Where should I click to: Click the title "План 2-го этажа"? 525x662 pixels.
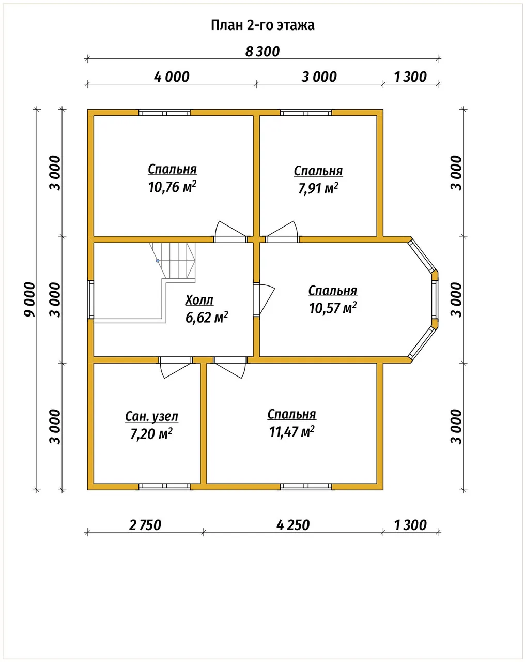pos(262,25)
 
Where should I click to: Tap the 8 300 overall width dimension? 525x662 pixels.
pos(262,52)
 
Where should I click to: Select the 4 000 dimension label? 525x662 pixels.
pos(172,77)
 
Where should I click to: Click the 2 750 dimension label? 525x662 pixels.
pos(145,525)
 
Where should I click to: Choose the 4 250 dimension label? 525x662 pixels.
pos(293,525)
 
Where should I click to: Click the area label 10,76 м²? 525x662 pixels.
pos(172,187)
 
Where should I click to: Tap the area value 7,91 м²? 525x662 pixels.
pos(318,188)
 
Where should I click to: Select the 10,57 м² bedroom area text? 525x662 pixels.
pos(333,308)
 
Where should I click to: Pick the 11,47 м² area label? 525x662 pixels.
pos(292,431)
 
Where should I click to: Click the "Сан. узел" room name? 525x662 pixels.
pos(151,417)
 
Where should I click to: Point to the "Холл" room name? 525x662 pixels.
pos(199,300)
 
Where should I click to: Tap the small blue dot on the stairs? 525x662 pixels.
pos(158,261)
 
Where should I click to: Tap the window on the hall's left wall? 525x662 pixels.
pos(90,299)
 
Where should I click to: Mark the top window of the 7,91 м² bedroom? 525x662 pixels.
pos(306,113)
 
